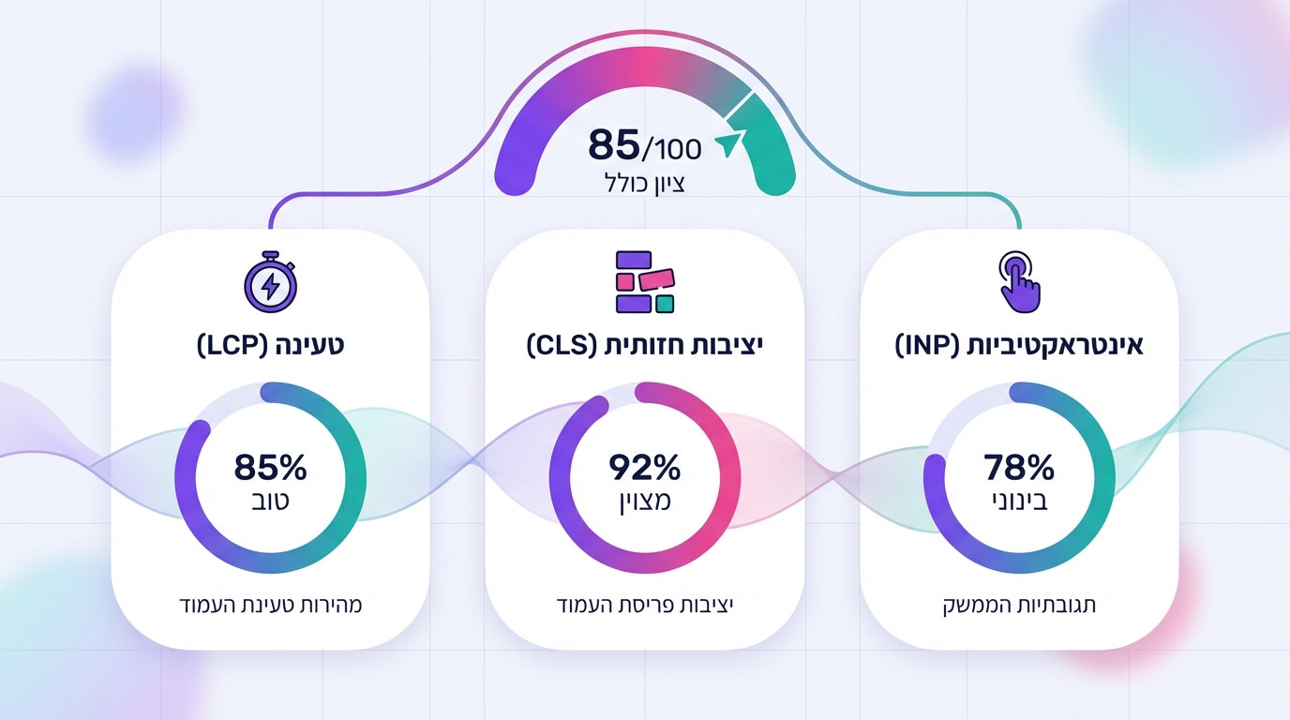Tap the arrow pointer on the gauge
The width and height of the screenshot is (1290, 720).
tap(728, 142)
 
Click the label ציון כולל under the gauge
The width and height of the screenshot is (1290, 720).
tap(645, 183)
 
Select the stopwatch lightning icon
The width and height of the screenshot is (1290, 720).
tap(270, 282)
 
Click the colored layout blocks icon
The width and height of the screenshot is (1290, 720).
tap(645, 281)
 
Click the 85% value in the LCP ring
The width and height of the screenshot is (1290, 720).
tap(270, 466)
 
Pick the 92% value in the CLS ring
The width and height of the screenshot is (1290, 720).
tap(645, 466)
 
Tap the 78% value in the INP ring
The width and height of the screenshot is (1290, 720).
tap(1019, 466)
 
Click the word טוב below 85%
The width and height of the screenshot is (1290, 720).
tap(270, 501)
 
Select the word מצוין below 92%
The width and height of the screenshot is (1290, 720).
tap(645, 501)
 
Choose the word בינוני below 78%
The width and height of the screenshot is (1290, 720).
tap(1019, 501)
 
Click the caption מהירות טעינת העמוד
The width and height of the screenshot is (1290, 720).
tap(270, 605)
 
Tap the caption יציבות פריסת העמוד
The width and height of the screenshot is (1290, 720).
tap(645, 605)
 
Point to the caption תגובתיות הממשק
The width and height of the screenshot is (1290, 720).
tap(1019, 605)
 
